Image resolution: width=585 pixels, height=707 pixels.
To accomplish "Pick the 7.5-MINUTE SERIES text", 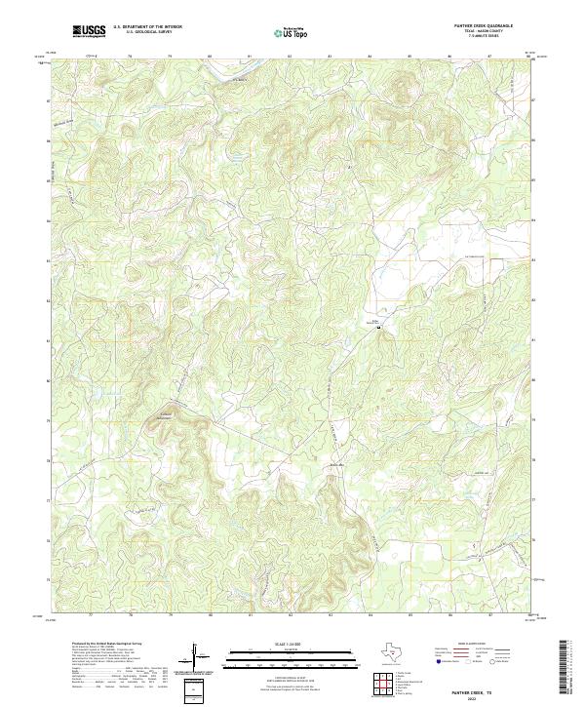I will click(484, 38).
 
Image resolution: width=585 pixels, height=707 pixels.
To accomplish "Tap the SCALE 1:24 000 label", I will click(292, 644).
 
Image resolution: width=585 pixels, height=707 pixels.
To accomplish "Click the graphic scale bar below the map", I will click(292, 655).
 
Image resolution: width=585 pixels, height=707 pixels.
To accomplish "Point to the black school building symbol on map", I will click(379, 328).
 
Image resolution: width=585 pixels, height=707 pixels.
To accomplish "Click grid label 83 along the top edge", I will click(330, 57).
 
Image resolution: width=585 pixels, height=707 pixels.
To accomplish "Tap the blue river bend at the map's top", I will click(237, 73).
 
